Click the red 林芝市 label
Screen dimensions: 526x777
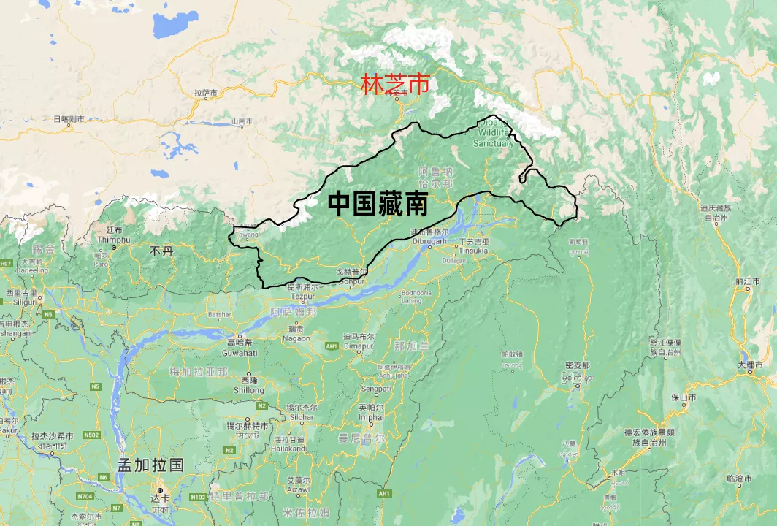point(395,85)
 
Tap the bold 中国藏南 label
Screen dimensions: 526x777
point(377,204)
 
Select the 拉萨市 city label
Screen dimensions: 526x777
point(206,93)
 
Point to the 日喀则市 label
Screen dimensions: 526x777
point(69,118)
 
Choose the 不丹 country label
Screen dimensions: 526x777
point(161,251)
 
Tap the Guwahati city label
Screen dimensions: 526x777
point(239,352)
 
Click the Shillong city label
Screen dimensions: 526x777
point(248,390)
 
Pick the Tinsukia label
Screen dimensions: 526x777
point(473,250)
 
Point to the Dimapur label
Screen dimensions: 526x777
point(359,346)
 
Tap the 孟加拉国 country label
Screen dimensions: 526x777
point(150,465)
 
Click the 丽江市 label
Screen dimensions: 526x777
point(749,281)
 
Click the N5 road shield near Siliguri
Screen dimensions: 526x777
point(49,314)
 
